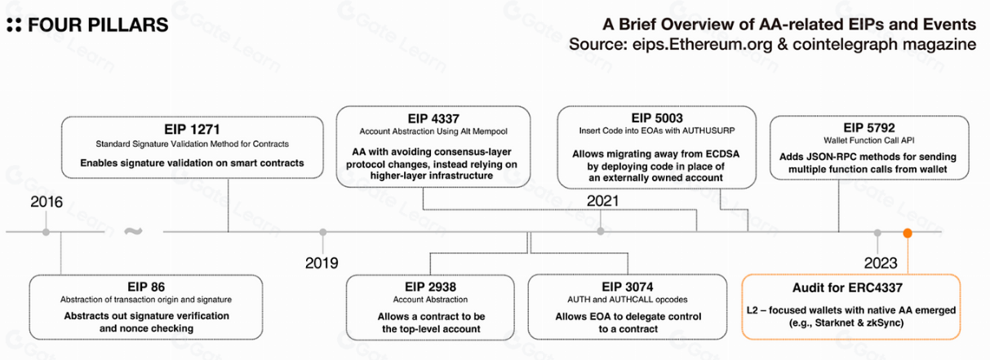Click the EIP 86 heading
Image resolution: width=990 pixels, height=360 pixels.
click(x=146, y=287)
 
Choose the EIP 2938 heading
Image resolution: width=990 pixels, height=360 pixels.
click(x=428, y=287)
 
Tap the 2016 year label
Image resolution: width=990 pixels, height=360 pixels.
click(x=47, y=202)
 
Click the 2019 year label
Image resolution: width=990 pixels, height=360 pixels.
click(x=322, y=263)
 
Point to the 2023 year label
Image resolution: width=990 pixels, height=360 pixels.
click(x=881, y=263)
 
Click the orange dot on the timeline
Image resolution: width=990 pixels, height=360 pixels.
click(x=907, y=233)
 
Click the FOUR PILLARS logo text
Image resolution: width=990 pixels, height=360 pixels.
click(x=98, y=25)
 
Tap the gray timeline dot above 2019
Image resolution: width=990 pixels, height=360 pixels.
click(x=323, y=232)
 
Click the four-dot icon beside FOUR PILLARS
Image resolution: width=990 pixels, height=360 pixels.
click(x=14, y=25)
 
